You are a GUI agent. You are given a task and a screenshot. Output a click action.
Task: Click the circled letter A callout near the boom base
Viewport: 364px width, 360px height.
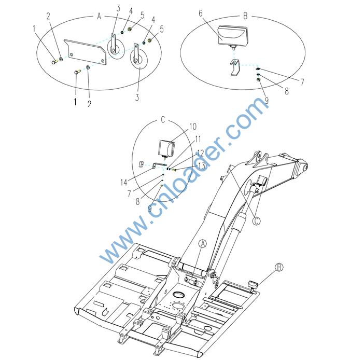click(203, 244)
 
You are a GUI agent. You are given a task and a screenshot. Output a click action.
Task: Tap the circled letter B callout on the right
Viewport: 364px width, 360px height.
click(279, 267)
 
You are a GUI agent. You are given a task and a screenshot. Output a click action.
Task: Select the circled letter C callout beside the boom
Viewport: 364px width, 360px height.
click(256, 221)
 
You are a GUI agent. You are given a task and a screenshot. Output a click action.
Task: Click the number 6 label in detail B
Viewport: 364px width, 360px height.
click(200, 13)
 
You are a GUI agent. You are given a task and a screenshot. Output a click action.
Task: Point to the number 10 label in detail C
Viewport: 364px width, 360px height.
click(193, 127)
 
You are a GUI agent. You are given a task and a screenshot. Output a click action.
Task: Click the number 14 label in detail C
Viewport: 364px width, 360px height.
click(124, 182)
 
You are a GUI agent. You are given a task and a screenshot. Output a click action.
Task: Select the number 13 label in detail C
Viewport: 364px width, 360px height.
click(202, 166)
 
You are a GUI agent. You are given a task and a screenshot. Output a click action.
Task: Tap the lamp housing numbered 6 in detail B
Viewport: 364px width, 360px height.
click(233, 36)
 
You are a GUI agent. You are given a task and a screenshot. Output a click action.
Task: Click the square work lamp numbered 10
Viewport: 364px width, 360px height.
click(166, 148)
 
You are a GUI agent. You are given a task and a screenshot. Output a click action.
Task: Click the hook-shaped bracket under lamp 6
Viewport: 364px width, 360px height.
click(234, 67)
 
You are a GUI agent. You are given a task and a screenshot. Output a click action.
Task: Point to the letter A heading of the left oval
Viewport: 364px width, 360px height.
click(99, 17)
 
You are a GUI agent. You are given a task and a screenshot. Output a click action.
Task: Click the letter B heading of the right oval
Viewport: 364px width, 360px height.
click(245, 16)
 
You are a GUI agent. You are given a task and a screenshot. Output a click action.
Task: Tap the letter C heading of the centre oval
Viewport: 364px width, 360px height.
click(163, 120)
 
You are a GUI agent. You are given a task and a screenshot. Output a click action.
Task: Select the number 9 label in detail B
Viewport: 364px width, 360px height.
click(267, 101)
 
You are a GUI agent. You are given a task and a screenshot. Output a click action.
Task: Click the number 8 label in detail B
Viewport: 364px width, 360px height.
click(287, 91)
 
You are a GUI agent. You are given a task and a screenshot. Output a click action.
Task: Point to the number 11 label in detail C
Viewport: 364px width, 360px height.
click(198, 139)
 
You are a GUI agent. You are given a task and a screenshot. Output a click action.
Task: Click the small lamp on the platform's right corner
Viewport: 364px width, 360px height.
click(253, 285)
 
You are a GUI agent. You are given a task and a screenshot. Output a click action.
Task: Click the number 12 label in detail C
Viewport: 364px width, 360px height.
click(200, 154)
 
